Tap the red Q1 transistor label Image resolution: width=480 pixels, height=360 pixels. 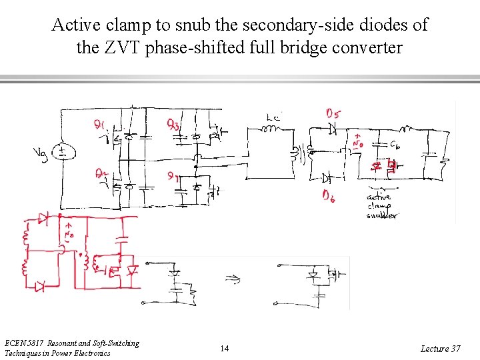point(100,124)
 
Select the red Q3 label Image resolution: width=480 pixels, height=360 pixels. point(173,124)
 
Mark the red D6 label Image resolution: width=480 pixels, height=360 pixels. point(329,196)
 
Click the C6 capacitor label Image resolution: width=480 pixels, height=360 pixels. point(395,144)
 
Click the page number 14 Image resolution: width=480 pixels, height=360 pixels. point(225,349)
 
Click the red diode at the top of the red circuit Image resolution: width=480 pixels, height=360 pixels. point(43,217)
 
